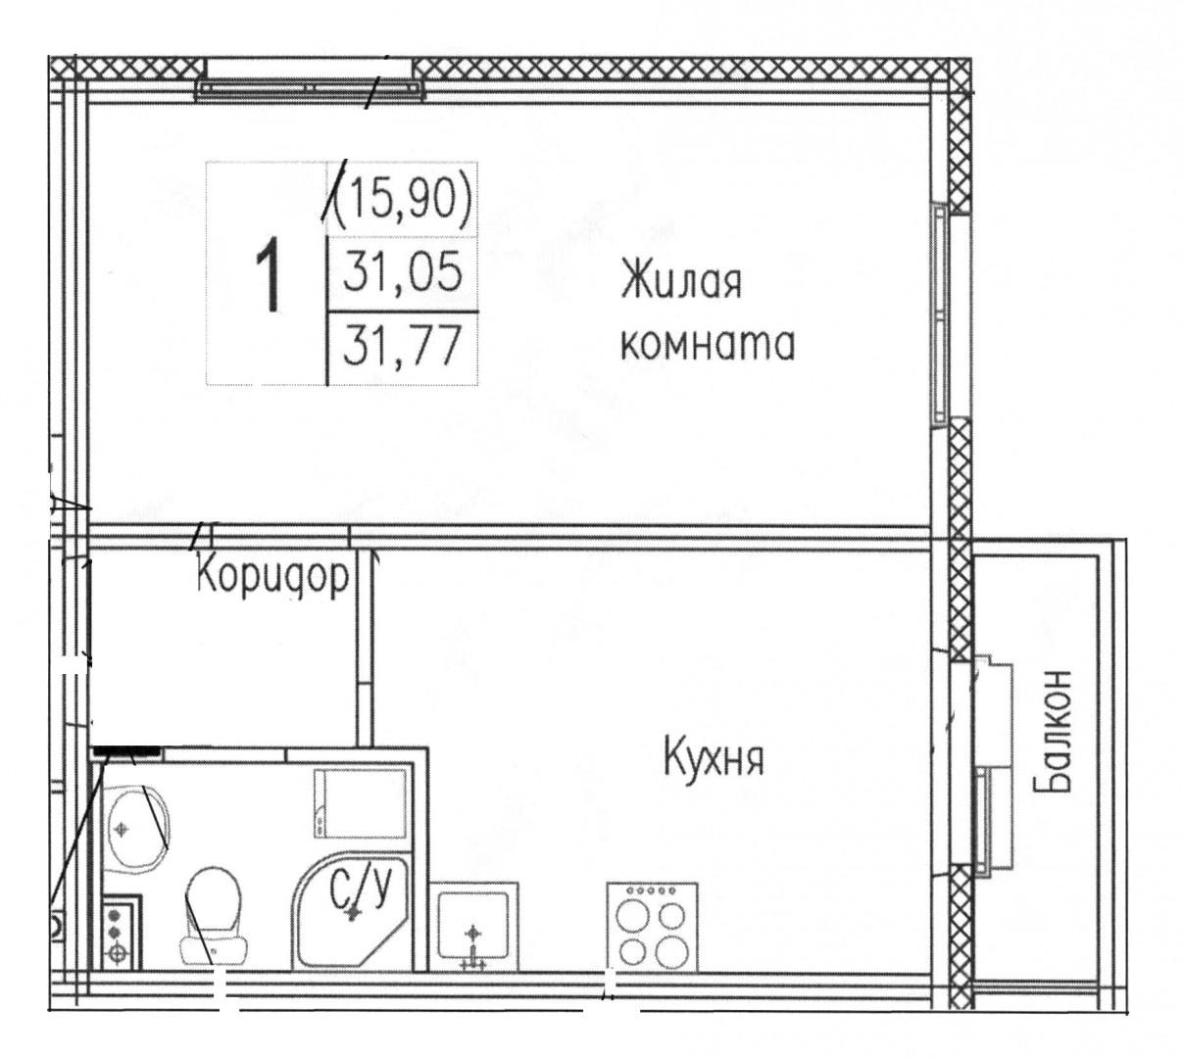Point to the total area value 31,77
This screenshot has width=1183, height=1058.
403,347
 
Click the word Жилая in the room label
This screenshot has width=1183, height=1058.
680,283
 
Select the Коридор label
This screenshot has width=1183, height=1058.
272,577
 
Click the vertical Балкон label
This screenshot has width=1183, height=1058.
1055,731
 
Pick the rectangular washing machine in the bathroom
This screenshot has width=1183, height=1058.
359,803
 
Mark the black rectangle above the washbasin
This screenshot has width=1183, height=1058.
125,750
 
